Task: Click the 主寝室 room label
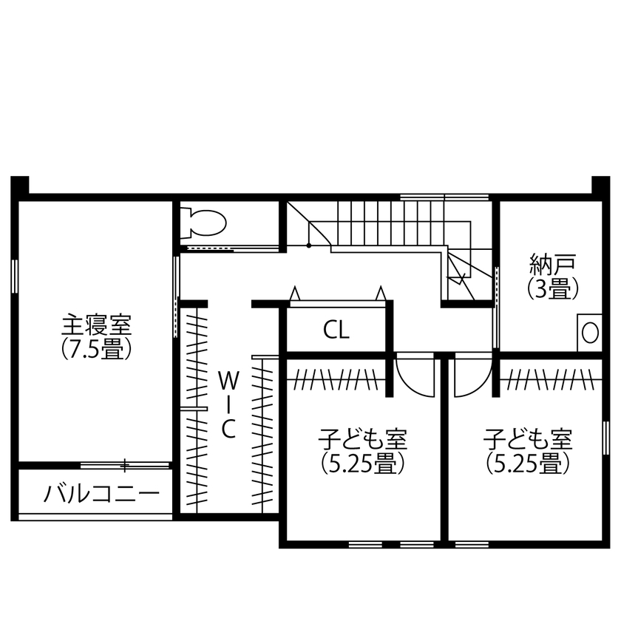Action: pos(96,325)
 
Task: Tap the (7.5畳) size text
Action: pos(96,348)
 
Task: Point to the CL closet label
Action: pos(336,330)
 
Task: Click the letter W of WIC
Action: pos(229,381)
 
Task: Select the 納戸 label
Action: pos(552,264)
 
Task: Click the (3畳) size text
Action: pos(552,288)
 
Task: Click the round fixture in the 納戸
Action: pos(590,332)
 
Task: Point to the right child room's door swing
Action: pos(470,377)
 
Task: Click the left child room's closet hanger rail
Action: pos(336,381)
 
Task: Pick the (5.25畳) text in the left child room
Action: pos(363,464)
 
